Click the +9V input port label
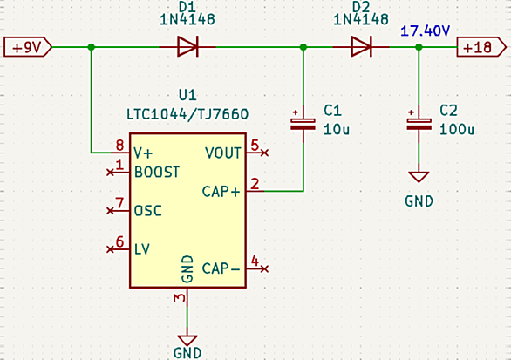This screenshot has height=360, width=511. tap(28, 47)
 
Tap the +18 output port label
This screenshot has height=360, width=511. tap(481, 47)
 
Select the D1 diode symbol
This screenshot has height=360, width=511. tap(187, 47)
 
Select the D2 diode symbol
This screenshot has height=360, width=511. tap(361, 47)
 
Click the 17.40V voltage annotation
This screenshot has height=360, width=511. tap(425, 31)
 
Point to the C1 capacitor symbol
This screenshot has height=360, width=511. tap(303, 124)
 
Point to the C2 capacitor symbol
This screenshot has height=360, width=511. tap(419, 124)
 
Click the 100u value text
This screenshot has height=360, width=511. tap(457, 130)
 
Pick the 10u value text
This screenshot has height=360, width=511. tap(337, 130)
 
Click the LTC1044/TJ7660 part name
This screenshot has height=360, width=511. tap(187, 114)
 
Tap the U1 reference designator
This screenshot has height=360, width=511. tap(187, 95)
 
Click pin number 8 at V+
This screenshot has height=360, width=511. tap(120, 146)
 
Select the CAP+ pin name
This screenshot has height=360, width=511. tap(221, 192)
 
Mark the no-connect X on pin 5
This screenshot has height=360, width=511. tap(264, 153)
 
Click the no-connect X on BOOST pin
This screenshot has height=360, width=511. tap(111, 172)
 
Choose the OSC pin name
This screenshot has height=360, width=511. tap(148, 211)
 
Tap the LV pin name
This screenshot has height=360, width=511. tap(142, 249)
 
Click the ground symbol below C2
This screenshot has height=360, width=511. tap(419, 177)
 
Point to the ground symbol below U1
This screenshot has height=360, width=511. tap(187, 341)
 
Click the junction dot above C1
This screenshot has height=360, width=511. tap(303, 47)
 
